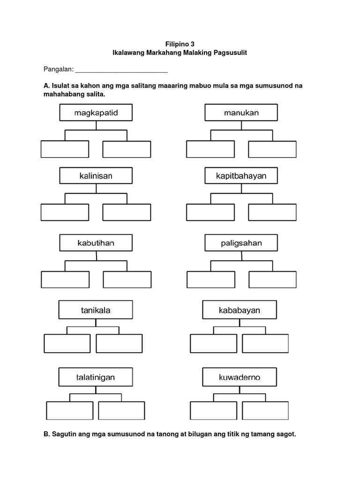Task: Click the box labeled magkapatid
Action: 96,112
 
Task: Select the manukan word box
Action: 241,112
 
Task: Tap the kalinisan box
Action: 96,176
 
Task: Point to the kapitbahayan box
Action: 241,176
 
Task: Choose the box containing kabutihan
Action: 96,243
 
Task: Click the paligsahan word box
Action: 241,243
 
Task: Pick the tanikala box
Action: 96,310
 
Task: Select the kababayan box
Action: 240,310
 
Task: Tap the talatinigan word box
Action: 96,377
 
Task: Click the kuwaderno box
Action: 240,377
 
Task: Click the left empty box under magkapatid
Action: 65,149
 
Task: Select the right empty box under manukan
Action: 272,149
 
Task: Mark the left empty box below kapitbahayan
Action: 210,212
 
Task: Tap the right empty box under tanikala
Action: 119,343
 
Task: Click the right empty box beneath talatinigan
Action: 122,410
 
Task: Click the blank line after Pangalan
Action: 121,70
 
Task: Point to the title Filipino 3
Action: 180,44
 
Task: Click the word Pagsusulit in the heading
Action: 230,53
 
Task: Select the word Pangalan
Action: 58,69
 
